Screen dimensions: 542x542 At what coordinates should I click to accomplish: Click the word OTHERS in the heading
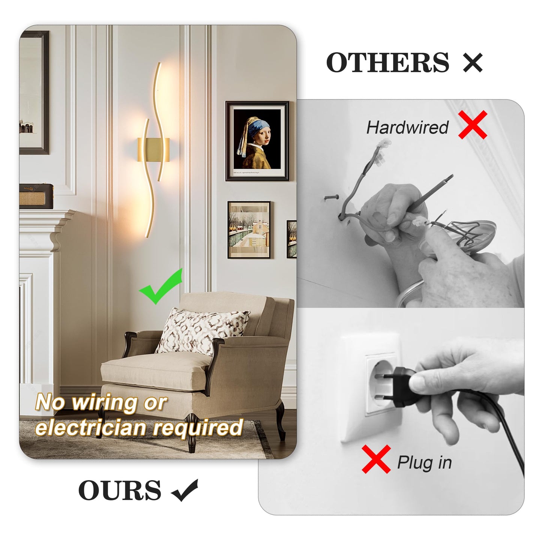[387, 62]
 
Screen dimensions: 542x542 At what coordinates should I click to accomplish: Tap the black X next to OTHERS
[473, 62]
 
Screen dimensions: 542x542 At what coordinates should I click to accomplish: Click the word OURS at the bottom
[120, 490]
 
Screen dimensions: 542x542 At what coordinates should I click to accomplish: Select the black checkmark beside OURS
[185, 490]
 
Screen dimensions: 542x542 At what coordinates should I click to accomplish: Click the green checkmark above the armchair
[161, 287]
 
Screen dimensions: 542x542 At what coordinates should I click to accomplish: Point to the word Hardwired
[407, 128]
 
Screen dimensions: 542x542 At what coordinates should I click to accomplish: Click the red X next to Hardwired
[473, 125]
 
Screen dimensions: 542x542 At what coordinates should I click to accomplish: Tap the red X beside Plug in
[376, 459]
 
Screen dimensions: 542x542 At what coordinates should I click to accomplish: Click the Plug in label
[424, 462]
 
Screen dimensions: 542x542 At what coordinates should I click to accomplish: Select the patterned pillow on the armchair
[202, 330]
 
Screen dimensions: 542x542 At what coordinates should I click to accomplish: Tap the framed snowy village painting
[249, 230]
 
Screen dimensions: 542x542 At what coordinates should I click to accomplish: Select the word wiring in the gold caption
[105, 403]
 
